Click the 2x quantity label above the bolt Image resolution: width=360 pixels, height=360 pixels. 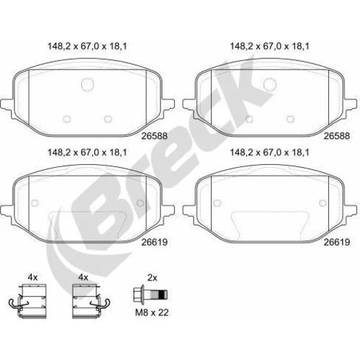pos(152,278)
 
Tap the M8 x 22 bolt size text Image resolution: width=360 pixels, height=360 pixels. pos(152,312)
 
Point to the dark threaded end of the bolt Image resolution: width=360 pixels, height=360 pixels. pos(163,294)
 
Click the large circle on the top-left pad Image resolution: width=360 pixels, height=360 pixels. pos(87,84)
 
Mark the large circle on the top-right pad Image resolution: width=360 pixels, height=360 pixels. pos(270,84)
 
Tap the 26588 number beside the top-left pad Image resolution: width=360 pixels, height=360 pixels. pos(154,136)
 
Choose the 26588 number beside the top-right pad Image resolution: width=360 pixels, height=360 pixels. pos(337,136)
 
